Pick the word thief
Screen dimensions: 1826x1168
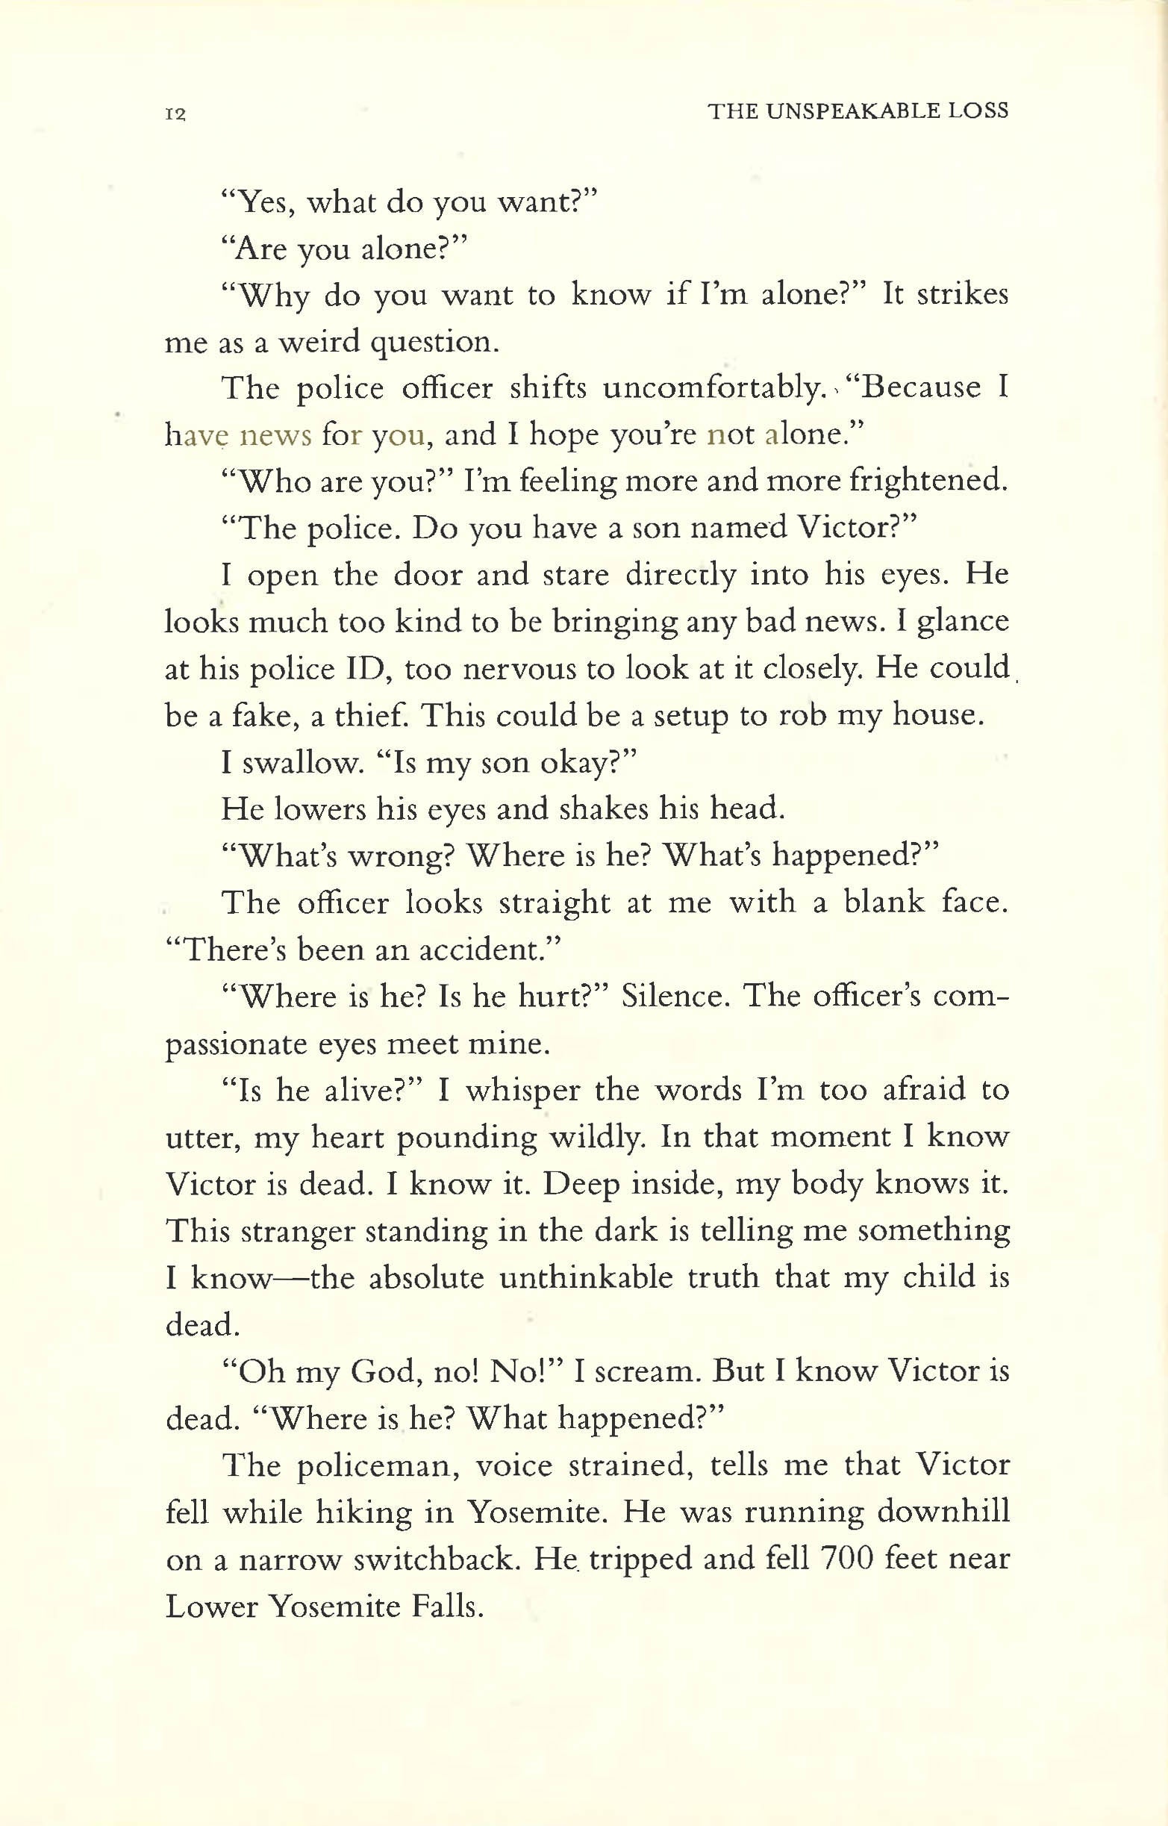[x=367, y=715]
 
